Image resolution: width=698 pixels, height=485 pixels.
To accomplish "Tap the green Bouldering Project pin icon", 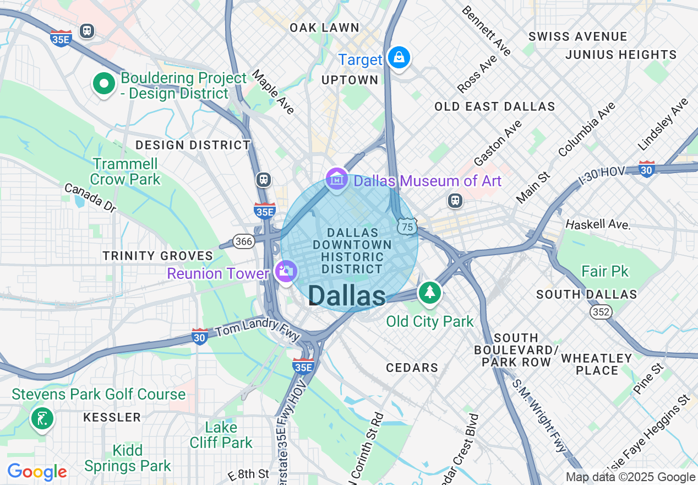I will (x=103, y=84).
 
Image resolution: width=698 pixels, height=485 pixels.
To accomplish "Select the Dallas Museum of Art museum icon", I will (x=336, y=179).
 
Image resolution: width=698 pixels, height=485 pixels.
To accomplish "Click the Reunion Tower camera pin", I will (x=286, y=271).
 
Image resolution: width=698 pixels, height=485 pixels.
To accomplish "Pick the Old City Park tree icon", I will (x=429, y=292).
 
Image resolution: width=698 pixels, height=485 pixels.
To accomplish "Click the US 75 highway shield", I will (x=407, y=227).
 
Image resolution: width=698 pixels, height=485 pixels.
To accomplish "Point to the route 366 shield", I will (x=243, y=241).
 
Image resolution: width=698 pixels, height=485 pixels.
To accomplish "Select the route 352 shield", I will (x=601, y=312).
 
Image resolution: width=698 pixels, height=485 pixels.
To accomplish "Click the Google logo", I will (x=37, y=472).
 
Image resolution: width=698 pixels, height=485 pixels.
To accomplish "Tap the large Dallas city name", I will (x=347, y=296).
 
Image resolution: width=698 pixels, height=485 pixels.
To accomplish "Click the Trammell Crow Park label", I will (x=125, y=171).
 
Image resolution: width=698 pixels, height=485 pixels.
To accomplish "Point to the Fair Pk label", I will (x=605, y=271).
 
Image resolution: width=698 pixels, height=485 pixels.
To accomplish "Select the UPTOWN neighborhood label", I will (x=350, y=80).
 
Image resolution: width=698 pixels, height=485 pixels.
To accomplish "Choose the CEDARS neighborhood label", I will (x=412, y=368).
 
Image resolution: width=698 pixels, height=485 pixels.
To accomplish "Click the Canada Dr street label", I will (x=90, y=197).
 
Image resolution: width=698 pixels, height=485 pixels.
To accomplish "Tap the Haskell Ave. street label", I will (x=598, y=224).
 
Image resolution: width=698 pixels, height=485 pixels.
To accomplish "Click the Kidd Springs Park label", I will (x=128, y=458).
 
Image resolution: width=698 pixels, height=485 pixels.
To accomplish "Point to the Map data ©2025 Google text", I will (x=630, y=477).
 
